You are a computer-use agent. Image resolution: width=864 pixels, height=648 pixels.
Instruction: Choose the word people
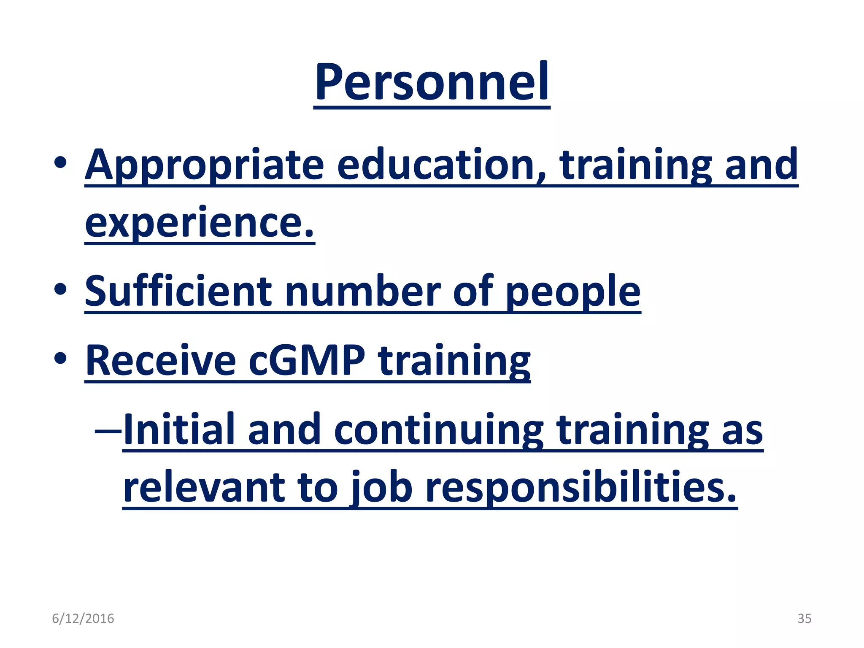pos(573,292)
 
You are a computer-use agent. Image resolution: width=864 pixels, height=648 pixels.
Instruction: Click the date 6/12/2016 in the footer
pos(83,618)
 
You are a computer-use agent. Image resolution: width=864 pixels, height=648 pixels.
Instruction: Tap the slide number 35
pos(804,618)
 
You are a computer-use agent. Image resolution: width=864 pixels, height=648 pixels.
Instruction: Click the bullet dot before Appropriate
pos(60,162)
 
